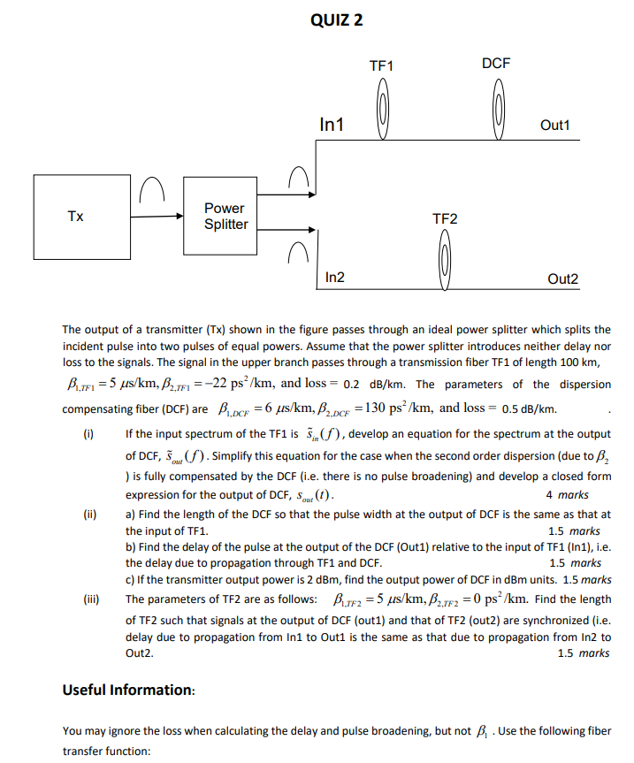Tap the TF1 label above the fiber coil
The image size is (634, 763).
[381, 66]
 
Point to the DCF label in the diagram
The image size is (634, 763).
[496, 64]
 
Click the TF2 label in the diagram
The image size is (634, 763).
[445, 217]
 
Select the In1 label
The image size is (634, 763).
[332, 126]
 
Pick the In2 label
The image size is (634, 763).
[335, 278]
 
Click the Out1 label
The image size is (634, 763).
[555, 126]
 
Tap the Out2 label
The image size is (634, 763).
[562, 279]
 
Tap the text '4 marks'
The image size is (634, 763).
[568, 495]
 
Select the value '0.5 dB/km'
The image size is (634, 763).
[528, 409]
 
